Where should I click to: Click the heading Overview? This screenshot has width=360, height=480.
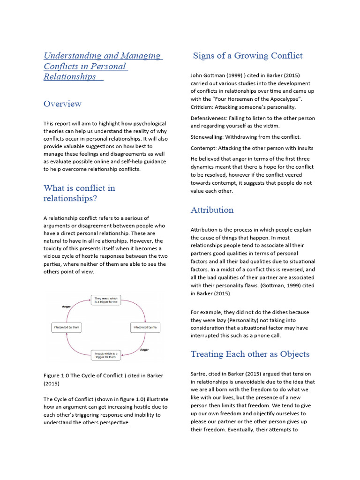click(x=62, y=104)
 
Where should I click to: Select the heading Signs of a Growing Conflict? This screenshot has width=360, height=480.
click(x=247, y=56)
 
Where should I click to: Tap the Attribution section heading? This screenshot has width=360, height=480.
click(x=212, y=210)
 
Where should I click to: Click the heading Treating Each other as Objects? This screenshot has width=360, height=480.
click(x=250, y=354)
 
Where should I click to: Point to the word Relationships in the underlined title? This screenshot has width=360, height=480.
click(x=70, y=77)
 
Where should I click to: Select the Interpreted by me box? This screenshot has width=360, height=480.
click(x=145, y=327)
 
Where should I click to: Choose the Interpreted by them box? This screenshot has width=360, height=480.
click(x=66, y=327)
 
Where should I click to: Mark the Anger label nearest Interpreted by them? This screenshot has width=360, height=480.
click(x=66, y=307)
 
